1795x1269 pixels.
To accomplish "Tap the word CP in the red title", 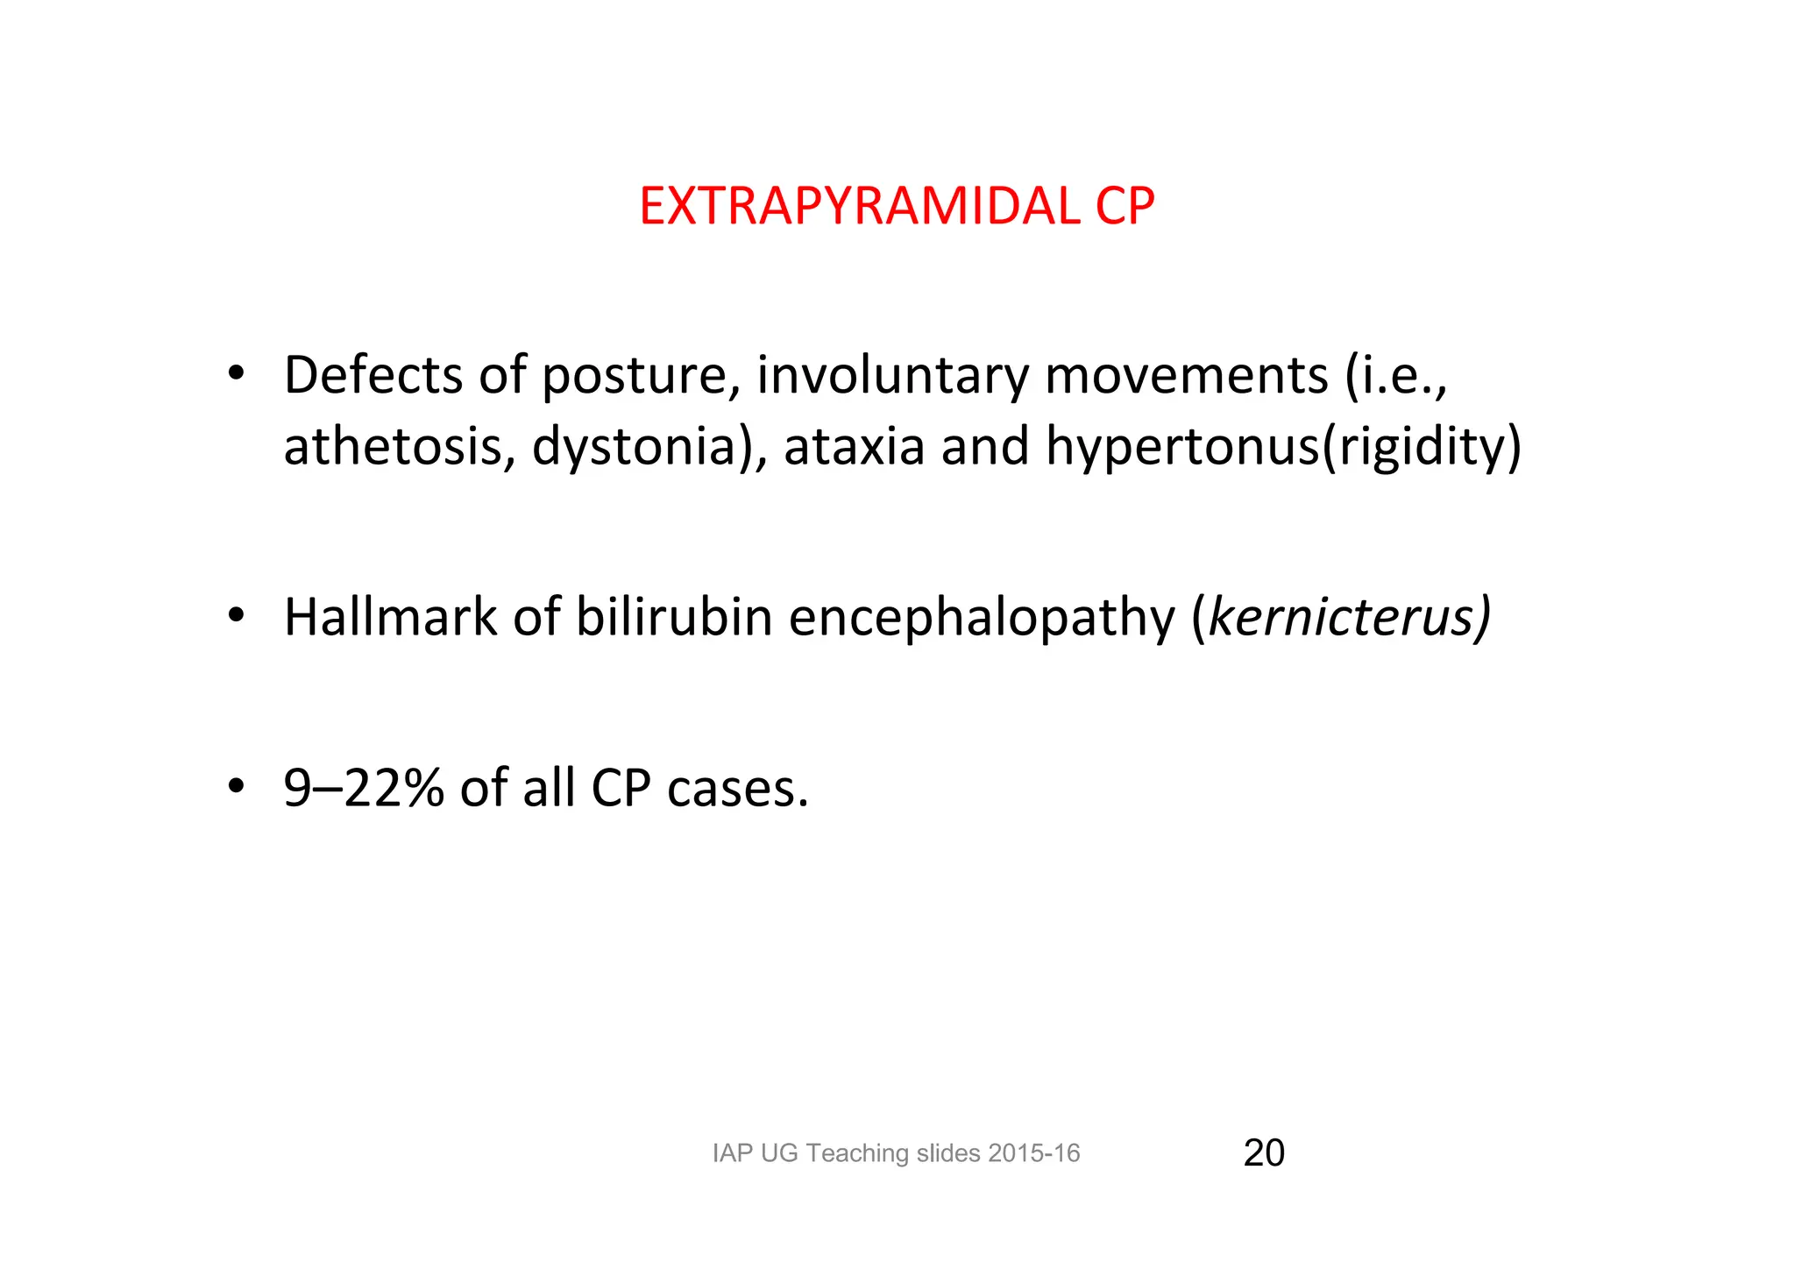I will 1125,207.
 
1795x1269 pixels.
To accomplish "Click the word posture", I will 634,377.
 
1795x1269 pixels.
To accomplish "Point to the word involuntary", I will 892,377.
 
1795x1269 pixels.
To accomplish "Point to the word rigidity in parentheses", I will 1421,447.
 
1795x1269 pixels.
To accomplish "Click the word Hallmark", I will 390,617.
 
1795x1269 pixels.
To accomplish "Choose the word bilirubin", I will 673,617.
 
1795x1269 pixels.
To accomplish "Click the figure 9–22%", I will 364,788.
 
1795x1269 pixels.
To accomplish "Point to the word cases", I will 737,789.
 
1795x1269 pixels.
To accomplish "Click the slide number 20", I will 1264,1152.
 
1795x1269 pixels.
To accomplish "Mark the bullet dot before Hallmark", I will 235,616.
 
